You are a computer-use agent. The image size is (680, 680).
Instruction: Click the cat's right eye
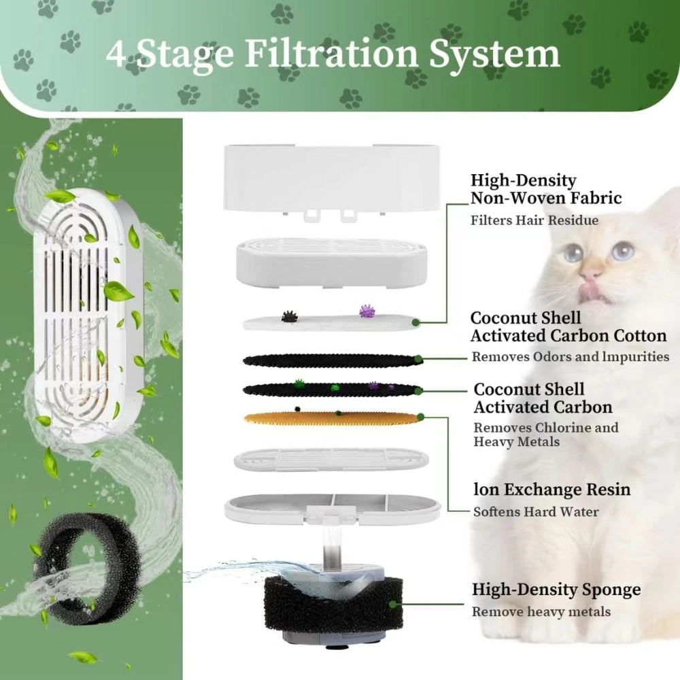tap(621, 252)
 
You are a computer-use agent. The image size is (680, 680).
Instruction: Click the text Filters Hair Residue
tap(534, 220)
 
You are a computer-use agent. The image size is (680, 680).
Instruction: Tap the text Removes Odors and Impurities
tap(570, 357)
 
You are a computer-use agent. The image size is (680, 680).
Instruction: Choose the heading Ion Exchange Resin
tap(551, 490)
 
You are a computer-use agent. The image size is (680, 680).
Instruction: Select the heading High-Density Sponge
tap(556, 590)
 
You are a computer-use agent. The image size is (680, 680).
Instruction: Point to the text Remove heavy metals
tap(541, 612)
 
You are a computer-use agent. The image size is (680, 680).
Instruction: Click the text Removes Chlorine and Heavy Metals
tap(546, 435)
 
